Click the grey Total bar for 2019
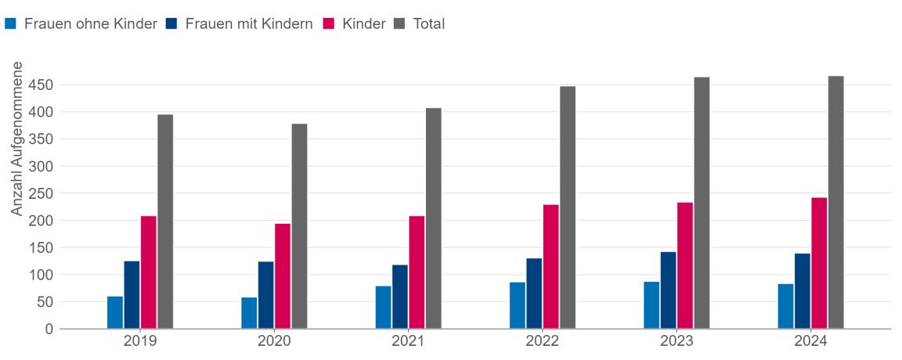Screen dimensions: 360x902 pyautogui.click(x=165, y=221)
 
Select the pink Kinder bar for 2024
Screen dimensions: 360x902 pyautogui.click(x=819, y=263)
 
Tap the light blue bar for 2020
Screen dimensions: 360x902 pyautogui.click(x=249, y=313)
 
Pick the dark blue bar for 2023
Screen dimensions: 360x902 pyautogui.click(x=668, y=290)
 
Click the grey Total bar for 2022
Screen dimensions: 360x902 pyautogui.click(x=568, y=207)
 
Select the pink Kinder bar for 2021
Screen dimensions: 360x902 pyautogui.click(x=417, y=272)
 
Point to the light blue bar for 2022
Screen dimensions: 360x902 pyautogui.click(x=518, y=305)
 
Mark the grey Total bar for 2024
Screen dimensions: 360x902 pyautogui.click(x=835, y=202)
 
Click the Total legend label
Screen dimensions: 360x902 pyautogui.click(x=429, y=23)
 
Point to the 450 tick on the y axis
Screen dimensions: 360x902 pyautogui.click(x=41, y=85)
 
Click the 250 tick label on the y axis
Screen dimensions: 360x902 pyautogui.click(x=41, y=193)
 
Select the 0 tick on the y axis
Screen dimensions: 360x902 pyautogui.click(x=49, y=329)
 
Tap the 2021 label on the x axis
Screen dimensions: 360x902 pyautogui.click(x=408, y=342)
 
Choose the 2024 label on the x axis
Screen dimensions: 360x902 pyautogui.click(x=810, y=342)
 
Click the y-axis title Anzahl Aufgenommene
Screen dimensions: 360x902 pyautogui.click(x=17, y=139)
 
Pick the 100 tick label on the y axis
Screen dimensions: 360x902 pyautogui.click(x=41, y=275)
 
